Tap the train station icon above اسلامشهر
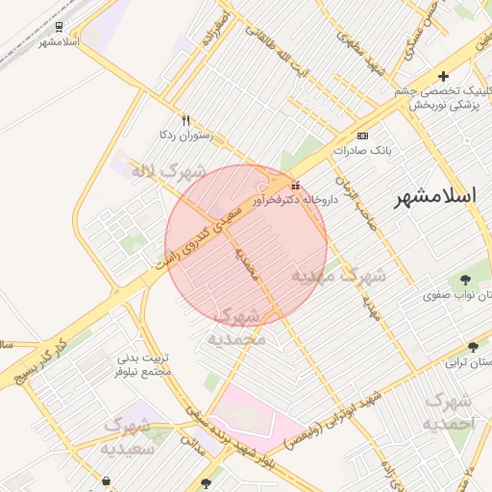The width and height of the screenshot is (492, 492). click(x=61, y=27)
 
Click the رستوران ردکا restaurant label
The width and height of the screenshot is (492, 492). click(x=184, y=136)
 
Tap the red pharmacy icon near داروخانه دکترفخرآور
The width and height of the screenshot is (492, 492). click(x=295, y=185)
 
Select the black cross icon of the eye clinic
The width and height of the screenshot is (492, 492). click(x=443, y=76)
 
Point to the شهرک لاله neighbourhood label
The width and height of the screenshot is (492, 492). click(x=169, y=172)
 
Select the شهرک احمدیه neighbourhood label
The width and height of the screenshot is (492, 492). click(x=449, y=410)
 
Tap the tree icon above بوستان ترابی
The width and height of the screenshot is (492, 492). click(x=473, y=346)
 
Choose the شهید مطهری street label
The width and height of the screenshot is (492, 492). click(x=361, y=56)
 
